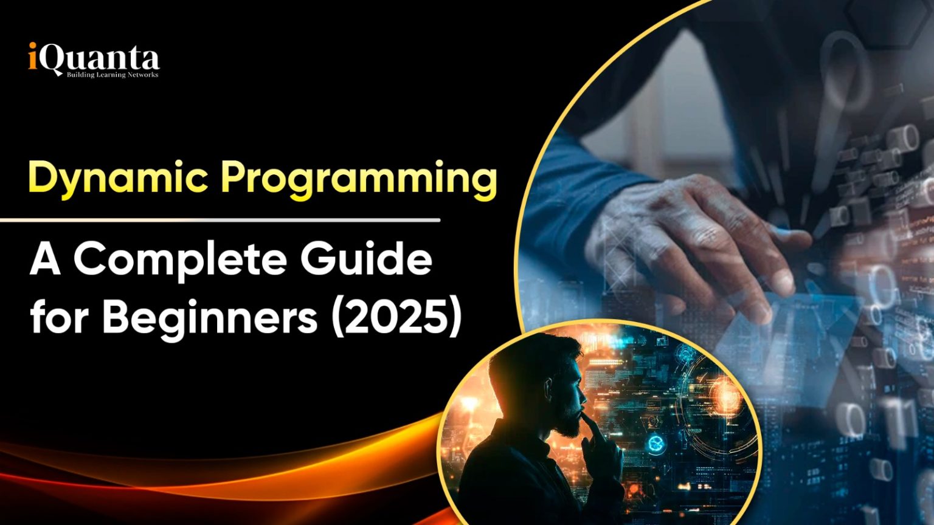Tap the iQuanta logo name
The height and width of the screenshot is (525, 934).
click(x=94, y=60)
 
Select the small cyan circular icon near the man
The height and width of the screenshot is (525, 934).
click(x=654, y=445)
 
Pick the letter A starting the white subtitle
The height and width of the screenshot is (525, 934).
click(x=44, y=260)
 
